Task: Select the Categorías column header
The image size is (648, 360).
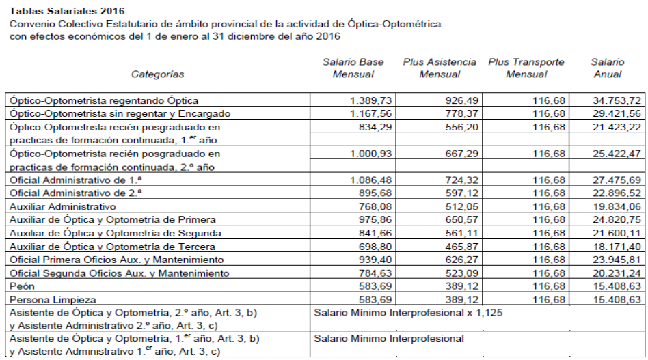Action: [x=158, y=74]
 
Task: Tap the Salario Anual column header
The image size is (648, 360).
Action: [x=608, y=68]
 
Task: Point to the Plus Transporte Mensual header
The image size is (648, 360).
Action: [x=526, y=68]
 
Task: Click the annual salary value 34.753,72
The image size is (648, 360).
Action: [x=617, y=100]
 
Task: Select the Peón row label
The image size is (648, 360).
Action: [x=21, y=286]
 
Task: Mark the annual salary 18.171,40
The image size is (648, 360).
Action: [x=617, y=247]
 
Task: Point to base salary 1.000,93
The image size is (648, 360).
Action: [x=371, y=153]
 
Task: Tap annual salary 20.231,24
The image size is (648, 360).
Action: [x=617, y=273]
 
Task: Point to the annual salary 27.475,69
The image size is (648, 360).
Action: [x=617, y=180]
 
